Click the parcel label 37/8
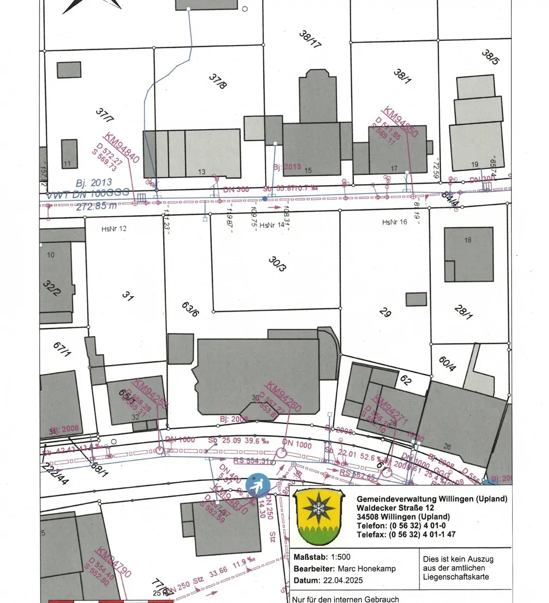click(218, 81)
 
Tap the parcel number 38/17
click(310, 39)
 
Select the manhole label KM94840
click(122, 148)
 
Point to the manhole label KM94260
click(283, 397)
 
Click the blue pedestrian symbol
click(257, 485)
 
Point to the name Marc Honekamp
click(366, 569)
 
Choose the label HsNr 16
click(395, 222)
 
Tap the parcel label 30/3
click(277, 264)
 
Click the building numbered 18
click(469, 254)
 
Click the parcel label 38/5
click(490, 57)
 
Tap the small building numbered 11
click(69, 153)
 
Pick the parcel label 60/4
click(447, 363)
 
